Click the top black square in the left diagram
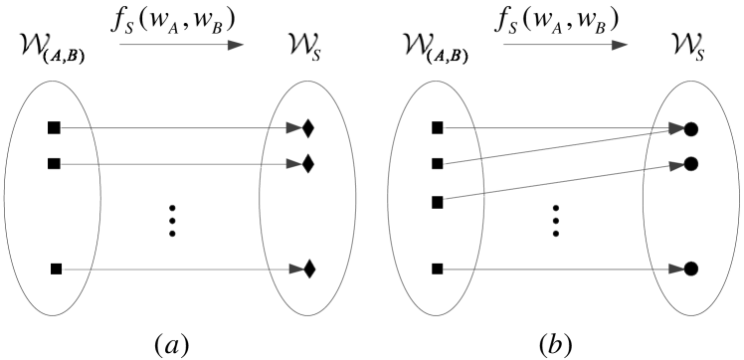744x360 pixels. click(54, 127)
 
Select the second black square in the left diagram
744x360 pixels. click(54, 163)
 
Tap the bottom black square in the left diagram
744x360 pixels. click(56, 269)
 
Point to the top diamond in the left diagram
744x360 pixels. click(308, 128)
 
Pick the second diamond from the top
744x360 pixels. click(308, 162)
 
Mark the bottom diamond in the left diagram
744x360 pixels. click(308, 269)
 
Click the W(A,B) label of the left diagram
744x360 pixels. click(55, 48)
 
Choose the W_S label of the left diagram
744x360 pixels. click(300, 47)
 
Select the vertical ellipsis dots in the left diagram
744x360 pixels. click(175, 223)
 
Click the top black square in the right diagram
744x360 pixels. click(437, 127)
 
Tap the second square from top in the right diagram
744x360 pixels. click(437, 163)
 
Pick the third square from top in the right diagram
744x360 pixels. click(437, 202)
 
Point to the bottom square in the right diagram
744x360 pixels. click(437, 269)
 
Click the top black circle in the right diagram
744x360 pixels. click(691, 128)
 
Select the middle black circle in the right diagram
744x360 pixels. click(691, 162)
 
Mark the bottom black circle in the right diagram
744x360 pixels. click(691, 269)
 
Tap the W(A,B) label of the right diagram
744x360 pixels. click(438, 48)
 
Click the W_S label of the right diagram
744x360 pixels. click(683, 47)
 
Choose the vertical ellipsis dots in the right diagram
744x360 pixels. click(557, 223)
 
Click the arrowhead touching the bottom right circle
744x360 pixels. click(676, 269)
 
